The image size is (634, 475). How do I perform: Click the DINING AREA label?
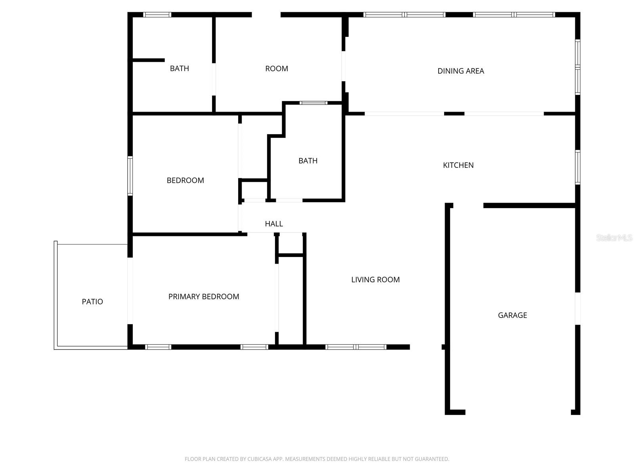tap(460, 71)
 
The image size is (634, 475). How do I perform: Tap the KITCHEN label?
tap(458, 165)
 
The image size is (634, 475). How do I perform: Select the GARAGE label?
tap(512, 315)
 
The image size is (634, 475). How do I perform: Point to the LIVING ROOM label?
tap(375, 279)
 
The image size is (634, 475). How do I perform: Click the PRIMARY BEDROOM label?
tap(204, 296)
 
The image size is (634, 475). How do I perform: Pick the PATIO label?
tap(92, 302)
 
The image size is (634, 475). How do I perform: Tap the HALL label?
tap(274, 224)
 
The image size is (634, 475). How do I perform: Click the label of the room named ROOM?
tap(276, 68)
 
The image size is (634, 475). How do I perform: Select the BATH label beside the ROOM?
tap(179, 68)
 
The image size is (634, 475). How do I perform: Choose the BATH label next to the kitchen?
tap(307, 161)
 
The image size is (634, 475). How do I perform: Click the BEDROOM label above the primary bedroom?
tap(185, 180)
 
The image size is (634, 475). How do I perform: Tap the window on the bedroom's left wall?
tap(130, 176)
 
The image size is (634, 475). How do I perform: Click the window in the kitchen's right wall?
tap(577, 167)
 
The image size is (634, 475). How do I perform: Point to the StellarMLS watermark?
tap(614, 237)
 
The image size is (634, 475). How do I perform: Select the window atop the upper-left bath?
tap(157, 15)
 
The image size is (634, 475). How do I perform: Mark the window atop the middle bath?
tap(313, 103)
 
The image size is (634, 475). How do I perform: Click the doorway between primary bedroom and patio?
tap(130, 291)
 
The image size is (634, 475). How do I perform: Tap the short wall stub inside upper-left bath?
tap(149, 60)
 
